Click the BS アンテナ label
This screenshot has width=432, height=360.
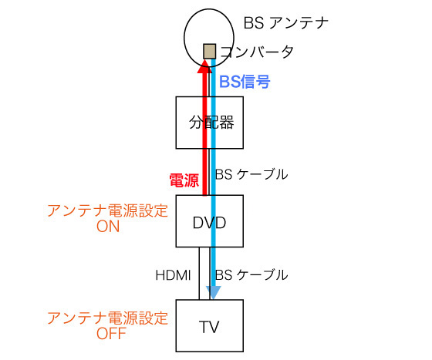(x=286, y=23)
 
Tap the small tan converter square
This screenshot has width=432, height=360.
(x=209, y=52)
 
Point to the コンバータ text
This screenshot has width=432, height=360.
(x=257, y=52)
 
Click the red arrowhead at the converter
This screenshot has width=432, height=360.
(x=204, y=66)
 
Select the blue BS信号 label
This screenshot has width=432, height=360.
(x=245, y=82)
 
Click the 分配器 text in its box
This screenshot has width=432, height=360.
(x=211, y=123)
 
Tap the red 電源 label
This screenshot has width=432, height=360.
(x=184, y=180)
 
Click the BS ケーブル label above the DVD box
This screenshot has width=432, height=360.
(x=251, y=174)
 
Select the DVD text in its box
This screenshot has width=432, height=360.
(x=209, y=222)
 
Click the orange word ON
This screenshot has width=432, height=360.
(x=108, y=227)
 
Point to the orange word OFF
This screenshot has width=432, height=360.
(x=111, y=333)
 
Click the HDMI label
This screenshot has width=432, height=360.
(x=173, y=275)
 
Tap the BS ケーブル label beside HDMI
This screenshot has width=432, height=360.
(x=251, y=275)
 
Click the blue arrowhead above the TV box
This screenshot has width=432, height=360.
(x=214, y=293)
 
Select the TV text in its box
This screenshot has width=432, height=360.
(x=209, y=327)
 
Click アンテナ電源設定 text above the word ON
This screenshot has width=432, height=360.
(x=107, y=211)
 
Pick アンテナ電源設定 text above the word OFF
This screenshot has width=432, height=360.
(x=107, y=318)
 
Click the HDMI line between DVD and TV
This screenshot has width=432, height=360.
(x=199, y=274)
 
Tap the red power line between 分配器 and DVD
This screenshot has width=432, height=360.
(x=204, y=172)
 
